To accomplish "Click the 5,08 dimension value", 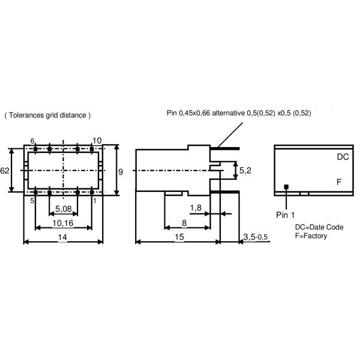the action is click(x=64, y=209).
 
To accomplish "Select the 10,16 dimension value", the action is click(x=63, y=223).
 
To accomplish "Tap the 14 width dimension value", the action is click(x=62, y=237).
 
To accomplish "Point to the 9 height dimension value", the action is click(x=121, y=172).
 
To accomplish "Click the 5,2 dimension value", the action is click(x=245, y=170).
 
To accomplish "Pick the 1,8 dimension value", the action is click(x=196, y=208).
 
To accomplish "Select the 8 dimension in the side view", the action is click(x=184, y=223).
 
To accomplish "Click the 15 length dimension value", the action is click(x=179, y=237).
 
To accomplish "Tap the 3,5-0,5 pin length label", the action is click(x=256, y=237).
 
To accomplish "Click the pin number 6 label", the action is click(x=32, y=141).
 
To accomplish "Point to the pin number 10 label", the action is click(x=97, y=140).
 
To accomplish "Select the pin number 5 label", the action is click(x=32, y=200).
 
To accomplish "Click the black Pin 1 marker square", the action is click(x=286, y=187).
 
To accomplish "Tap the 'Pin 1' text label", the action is click(x=286, y=215).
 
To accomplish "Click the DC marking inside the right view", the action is click(x=343, y=157).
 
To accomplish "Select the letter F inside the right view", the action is click(x=339, y=182).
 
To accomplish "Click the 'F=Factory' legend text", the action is click(x=311, y=236).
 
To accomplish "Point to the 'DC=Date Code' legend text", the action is click(x=319, y=227).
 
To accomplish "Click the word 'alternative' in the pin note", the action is click(x=228, y=113).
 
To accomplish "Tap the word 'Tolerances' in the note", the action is click(x=26, y=115).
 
